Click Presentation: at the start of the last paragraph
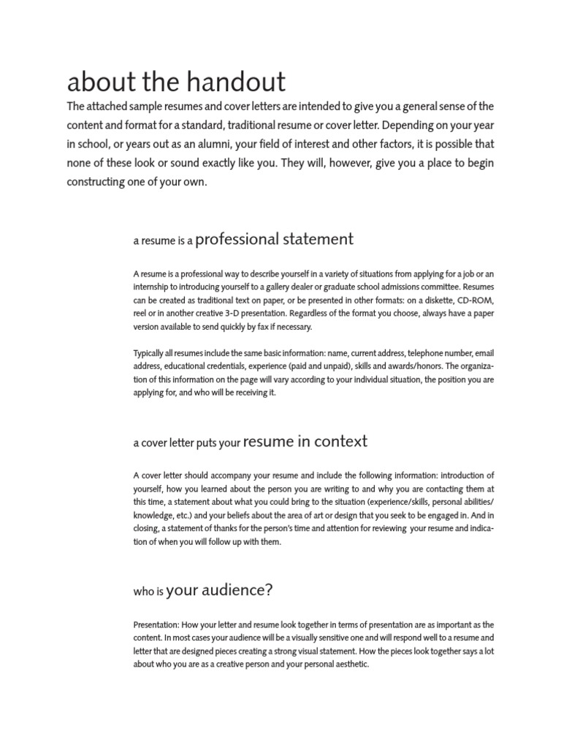click(156, 625)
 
